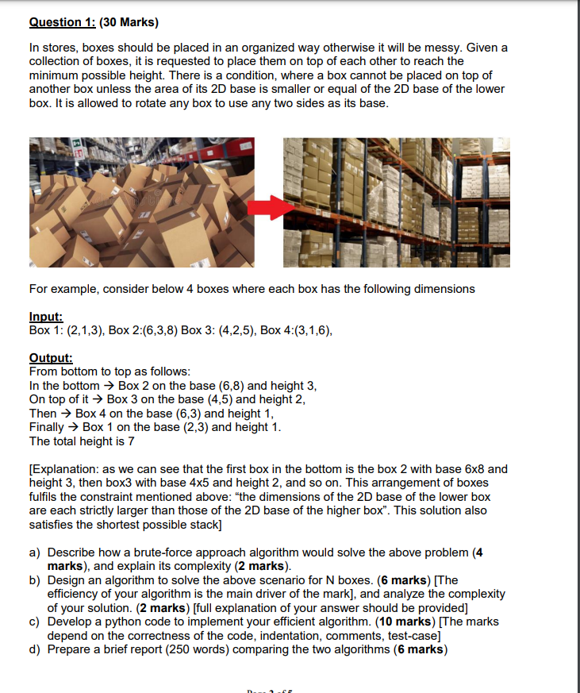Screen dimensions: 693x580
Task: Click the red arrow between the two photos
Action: [268, 209]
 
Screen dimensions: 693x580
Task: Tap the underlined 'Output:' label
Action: [50, 358]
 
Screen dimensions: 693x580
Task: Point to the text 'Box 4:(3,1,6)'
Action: [296, 330]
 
